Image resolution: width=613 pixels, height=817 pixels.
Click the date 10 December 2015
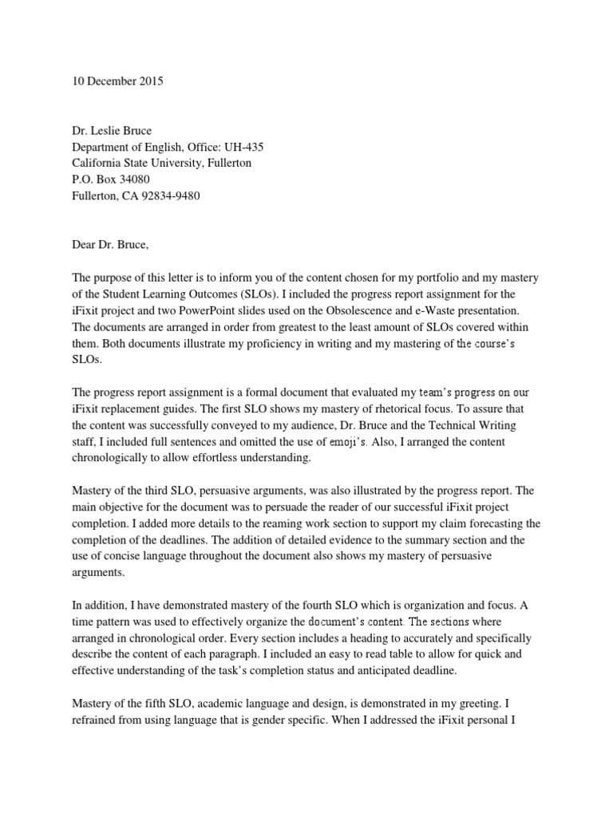pyautogui.click(x=117, y=81)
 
